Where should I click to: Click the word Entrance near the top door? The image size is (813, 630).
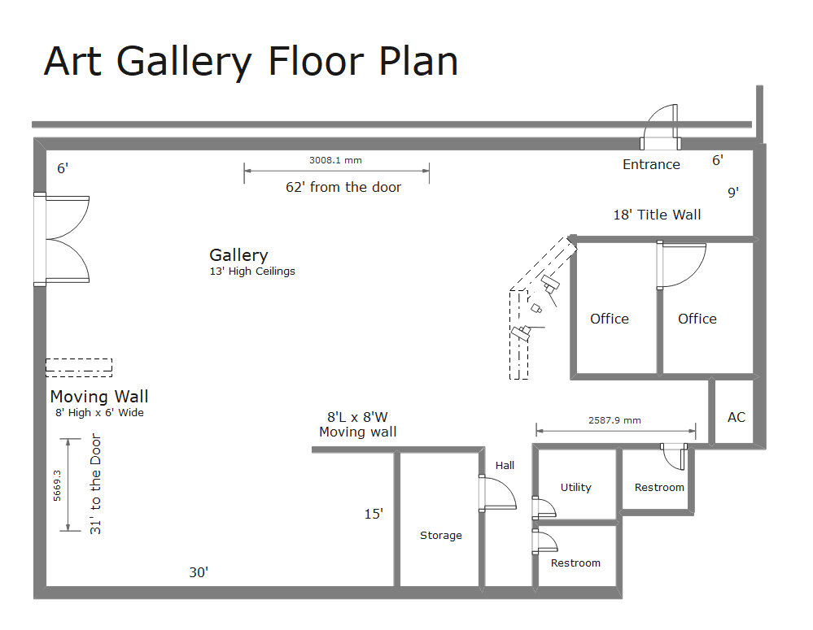[x=651, y=164]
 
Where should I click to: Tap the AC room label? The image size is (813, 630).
[x=737, y=417]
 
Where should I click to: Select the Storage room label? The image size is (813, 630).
[x=441, y=536]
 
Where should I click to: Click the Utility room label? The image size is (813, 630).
[x=576, y=488]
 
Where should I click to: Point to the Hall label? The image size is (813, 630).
[x=505, y=466]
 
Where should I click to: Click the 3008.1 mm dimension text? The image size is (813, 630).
[x=335, y=160]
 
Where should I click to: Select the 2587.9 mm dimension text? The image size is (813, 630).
[x=614, y=420]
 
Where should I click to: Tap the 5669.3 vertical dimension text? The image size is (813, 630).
[x=57, y=484]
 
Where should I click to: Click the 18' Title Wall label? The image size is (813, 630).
[x=657, y=215]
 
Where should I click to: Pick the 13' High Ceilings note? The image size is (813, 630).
[x=252, y=272]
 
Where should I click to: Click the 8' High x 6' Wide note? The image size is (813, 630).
[x=99, y=413]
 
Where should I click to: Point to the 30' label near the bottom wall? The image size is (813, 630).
[x=199, y=572]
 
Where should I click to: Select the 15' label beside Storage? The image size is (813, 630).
[x=374, y=514]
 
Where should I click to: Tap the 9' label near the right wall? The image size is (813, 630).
[x=733, y=193]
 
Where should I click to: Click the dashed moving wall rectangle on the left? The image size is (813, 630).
[x=79, y=367]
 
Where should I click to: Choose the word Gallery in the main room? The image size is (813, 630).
[x=238, y=255]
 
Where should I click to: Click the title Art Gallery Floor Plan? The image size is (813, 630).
[x=251, y=61]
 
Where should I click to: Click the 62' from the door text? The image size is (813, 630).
[x=343, y=187]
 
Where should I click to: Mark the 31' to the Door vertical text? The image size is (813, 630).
[x=96, y=484]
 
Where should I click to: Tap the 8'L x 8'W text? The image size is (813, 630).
[x=358, y=417]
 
